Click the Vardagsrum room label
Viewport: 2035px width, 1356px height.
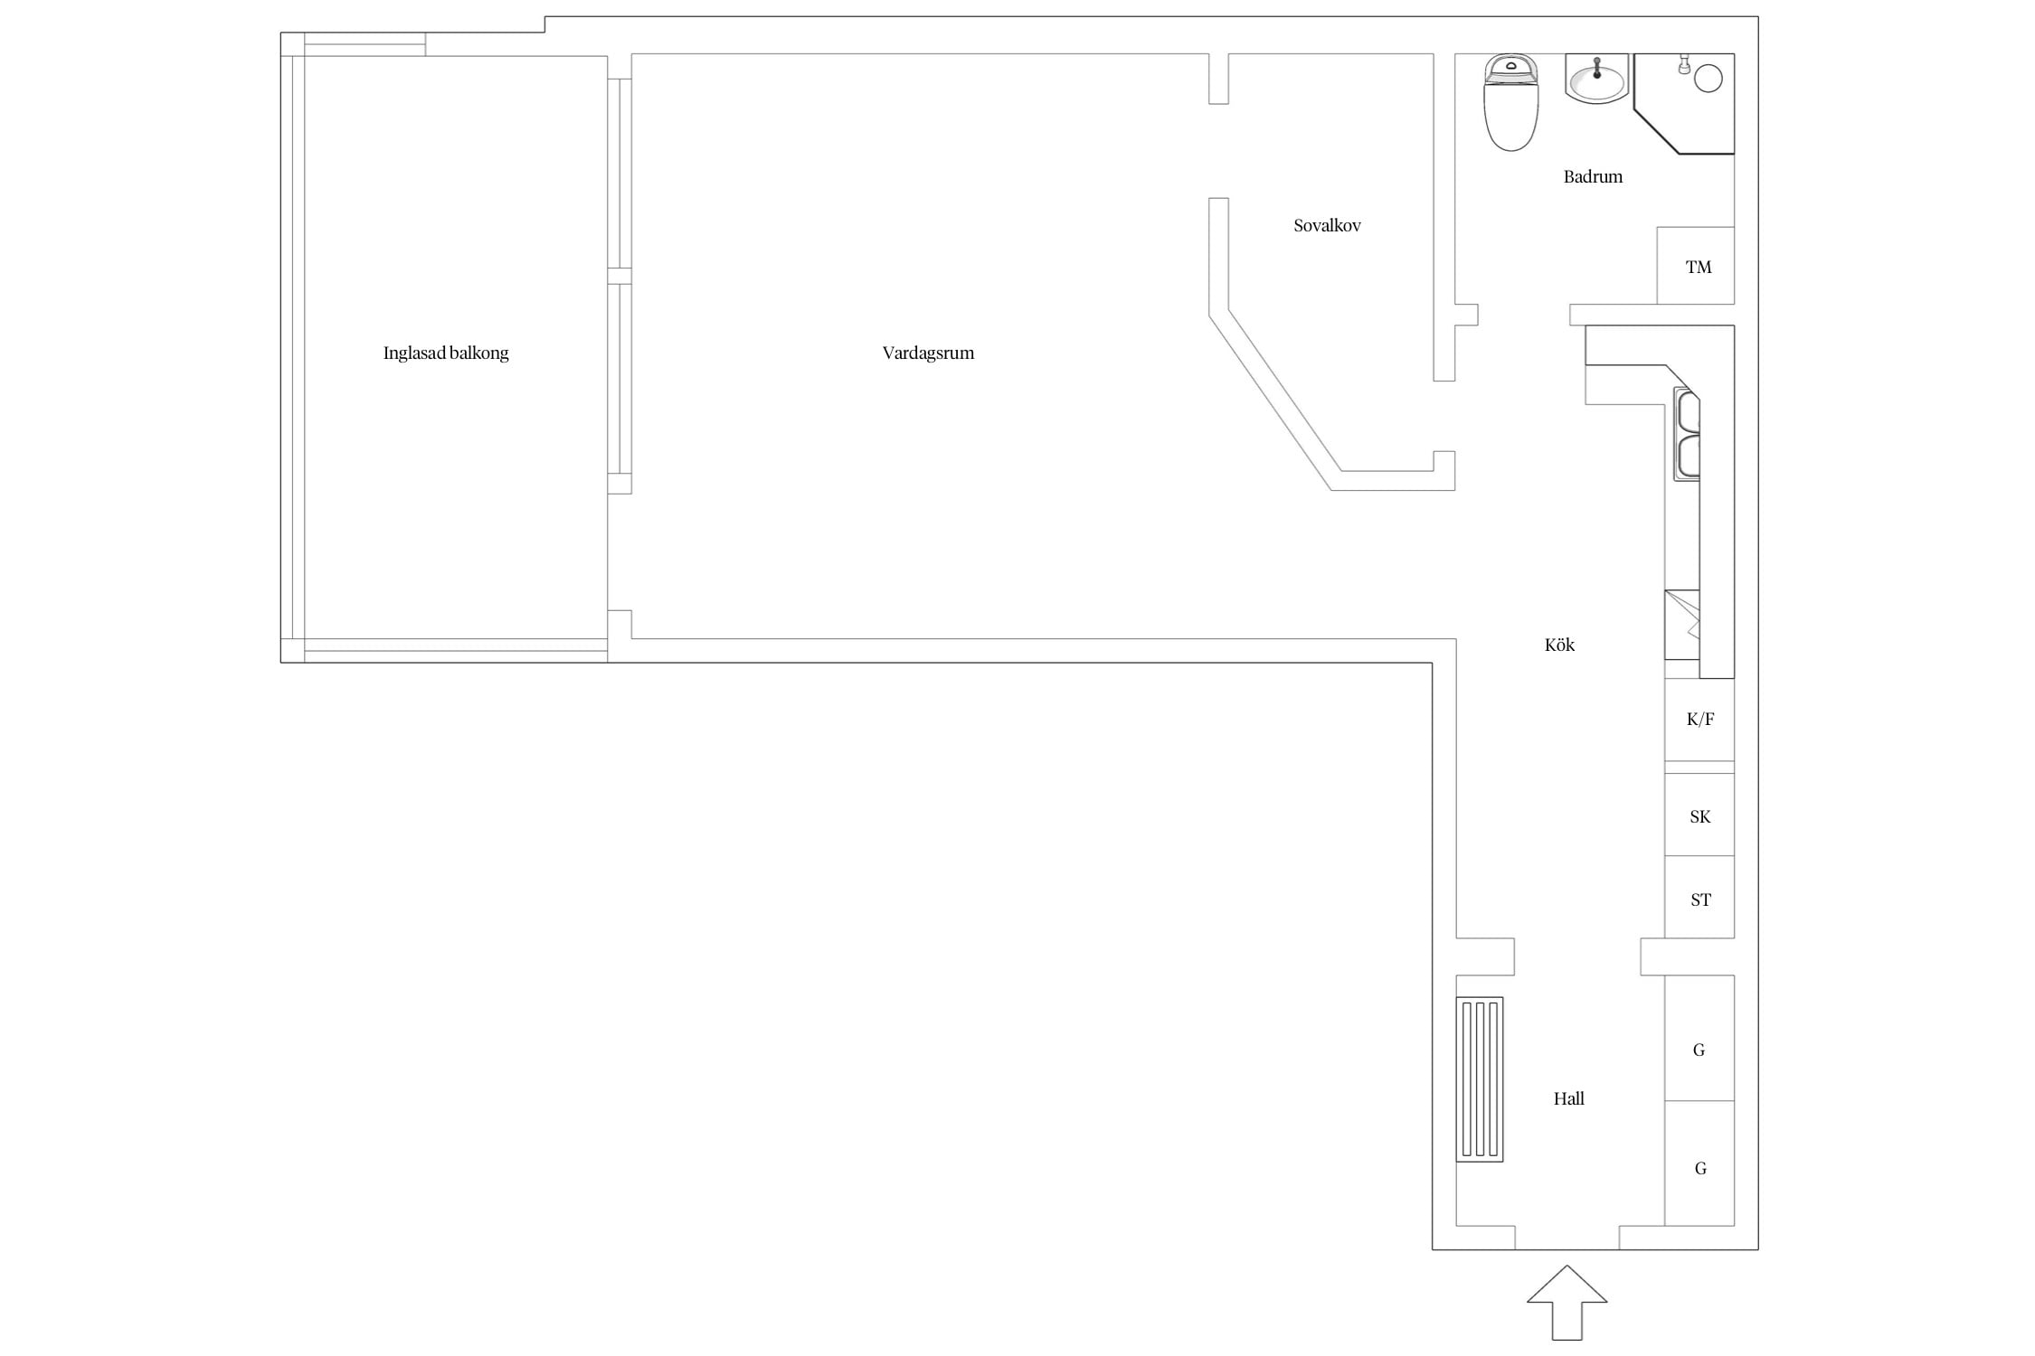[928, 353]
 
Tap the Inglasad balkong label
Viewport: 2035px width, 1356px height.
[446, 353]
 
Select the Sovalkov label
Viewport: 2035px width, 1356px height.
[1327, 226]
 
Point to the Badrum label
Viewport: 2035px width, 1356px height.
[1593, 177]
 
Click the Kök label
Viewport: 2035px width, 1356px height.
[1559, 645]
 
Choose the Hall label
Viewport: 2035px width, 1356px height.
[1569, 1098]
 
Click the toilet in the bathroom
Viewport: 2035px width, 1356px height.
[1510, 102]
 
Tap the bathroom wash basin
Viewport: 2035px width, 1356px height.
[1596, 79]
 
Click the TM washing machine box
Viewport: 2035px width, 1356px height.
[1696, 266]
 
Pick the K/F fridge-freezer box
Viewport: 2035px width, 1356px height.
[1699, 720]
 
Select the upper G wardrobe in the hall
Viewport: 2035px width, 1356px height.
[1699, 1038]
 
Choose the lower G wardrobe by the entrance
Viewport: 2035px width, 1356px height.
[1699, 1163]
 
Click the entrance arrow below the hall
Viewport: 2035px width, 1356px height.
[1567, 1302]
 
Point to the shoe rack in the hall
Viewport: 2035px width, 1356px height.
[1480, 1079]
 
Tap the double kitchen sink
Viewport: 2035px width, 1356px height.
[1687, 434]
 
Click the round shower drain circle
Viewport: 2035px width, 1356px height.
[1708, 79]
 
